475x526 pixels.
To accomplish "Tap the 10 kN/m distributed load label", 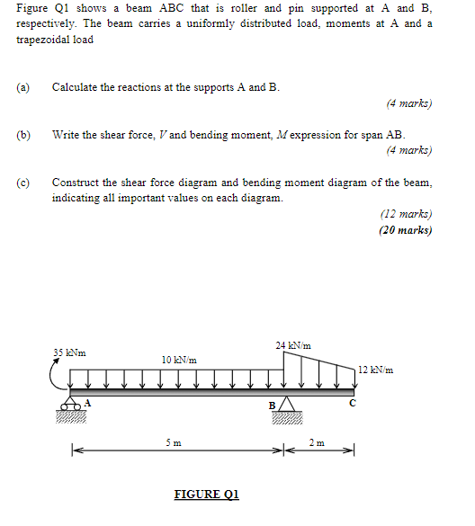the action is [x=179, y=360].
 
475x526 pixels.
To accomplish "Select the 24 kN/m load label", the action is [x=292, y=345].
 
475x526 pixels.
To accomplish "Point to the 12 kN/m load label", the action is [x=375, y=370].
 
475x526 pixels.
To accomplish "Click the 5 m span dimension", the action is [x=173, y=442].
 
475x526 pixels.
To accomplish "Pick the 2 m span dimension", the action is [x=317, y=442].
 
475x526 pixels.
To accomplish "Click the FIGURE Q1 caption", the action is [x=207, y=494].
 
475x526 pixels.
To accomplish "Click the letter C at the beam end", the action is [x=354, y=403].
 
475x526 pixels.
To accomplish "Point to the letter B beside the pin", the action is [x=273, y=405].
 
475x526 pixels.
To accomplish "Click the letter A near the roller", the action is [x=88, y=402].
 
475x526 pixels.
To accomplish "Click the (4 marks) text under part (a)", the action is [x=408, y=103].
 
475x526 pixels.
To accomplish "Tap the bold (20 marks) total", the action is [x=406, y=229].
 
